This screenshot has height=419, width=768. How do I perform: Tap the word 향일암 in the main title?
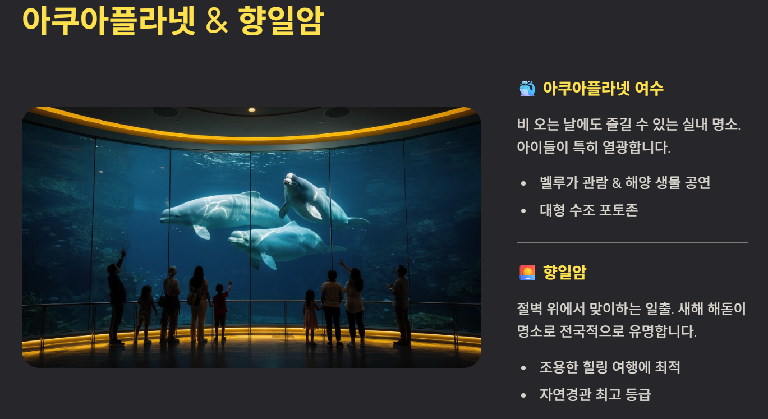[281, 21]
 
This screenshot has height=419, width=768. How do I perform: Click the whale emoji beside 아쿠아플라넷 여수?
[527, 89]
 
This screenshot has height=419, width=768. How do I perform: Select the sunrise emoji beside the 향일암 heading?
[527, 273]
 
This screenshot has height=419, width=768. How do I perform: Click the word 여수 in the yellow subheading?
[649, 89]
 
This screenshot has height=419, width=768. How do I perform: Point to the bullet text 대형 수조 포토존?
[588, 210]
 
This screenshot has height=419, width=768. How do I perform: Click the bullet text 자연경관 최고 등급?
[595, 394]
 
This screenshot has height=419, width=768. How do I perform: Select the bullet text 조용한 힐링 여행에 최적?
[610, 367]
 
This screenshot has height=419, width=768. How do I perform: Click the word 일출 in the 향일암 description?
[659, 309]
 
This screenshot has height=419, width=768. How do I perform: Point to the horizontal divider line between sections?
[632, 242]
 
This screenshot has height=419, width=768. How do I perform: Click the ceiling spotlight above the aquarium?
[252, 110]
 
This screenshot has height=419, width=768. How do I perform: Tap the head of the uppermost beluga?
[291, 181]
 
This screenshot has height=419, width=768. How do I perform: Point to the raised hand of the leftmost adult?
[123, 254]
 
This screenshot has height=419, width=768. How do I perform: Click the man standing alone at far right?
[401, 305]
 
